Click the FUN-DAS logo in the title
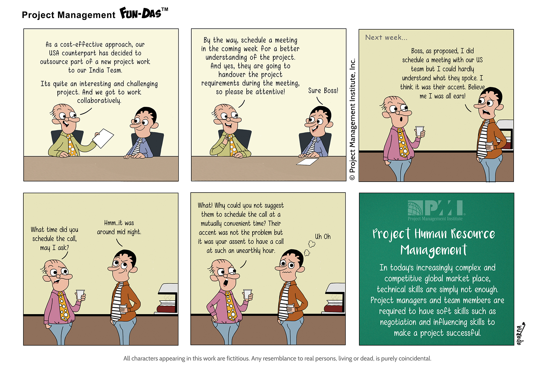144,13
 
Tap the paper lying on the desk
308,162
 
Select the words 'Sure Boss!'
323,91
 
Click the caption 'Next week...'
386,38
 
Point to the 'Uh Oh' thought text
323,236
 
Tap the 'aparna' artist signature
520,333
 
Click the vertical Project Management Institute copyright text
352,120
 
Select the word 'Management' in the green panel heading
434,250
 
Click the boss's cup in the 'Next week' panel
419,131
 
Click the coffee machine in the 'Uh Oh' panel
335,298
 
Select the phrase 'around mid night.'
119,232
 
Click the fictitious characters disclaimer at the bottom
277,359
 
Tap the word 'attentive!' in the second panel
270,92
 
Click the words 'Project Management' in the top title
69,15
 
